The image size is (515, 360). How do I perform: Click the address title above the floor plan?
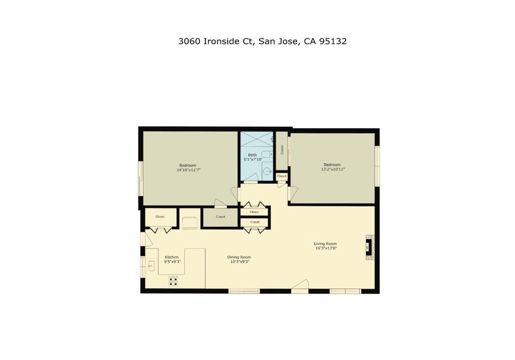tap(263, 41)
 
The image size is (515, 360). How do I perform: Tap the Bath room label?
tap(252, 155)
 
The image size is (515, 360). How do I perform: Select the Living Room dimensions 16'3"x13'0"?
tap(326, 248)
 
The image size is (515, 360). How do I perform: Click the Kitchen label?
tap(172, 257)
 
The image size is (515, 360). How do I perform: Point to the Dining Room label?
tap(239, 257)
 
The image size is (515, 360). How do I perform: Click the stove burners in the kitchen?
tap(174, 281)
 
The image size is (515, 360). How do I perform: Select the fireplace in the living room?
tap(370, 247)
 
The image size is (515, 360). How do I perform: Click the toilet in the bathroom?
tap(267, 154)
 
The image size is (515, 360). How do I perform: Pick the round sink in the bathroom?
tap(268, 171)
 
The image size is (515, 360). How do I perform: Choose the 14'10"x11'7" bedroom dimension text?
tap(189, 170)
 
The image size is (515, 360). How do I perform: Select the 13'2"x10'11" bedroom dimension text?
tap(333, 169)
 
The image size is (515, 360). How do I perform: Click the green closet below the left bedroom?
tap(220, 217)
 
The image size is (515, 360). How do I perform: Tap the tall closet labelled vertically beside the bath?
tap(282, 150)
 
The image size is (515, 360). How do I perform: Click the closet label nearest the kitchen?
tap(160, 217)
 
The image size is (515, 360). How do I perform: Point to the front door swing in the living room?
tap(301, 285)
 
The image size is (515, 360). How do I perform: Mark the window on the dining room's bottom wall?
tap(244, 291)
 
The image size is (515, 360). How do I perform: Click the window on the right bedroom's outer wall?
tap(377, 165)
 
